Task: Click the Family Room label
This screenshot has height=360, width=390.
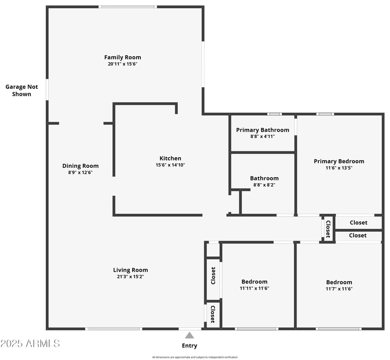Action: pos(122,57)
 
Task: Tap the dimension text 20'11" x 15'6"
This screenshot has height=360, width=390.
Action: pos(124,64)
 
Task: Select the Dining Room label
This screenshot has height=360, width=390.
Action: pos(80,166)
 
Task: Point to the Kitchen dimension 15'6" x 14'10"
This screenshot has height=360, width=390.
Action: pos(170,165)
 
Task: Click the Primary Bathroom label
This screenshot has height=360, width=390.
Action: pos(262,130)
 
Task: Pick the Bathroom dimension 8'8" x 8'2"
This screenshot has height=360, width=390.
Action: pos(264,185)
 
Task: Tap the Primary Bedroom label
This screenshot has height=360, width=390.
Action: pos(339,161)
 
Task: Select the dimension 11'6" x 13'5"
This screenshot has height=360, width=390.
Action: pos(339,168)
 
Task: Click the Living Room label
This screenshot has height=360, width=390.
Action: pos(130,270)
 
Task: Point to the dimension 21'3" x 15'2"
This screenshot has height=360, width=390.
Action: pos(130,277)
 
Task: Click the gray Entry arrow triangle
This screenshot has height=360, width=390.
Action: pos(190,335)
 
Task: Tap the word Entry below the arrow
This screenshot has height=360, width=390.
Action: pos(190,346)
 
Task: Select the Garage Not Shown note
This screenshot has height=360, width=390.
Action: pos(21,90)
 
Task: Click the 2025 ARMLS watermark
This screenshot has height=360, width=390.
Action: pos(30,343)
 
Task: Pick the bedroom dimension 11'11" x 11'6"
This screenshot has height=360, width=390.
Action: pos(254,288)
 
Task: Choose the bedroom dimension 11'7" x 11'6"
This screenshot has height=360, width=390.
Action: pos(339,289)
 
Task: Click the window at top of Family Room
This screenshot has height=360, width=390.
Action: pos(128,7)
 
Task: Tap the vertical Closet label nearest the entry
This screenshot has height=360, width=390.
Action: pos(213,314)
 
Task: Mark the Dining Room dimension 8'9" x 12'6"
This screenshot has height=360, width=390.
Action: pos(80,172)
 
